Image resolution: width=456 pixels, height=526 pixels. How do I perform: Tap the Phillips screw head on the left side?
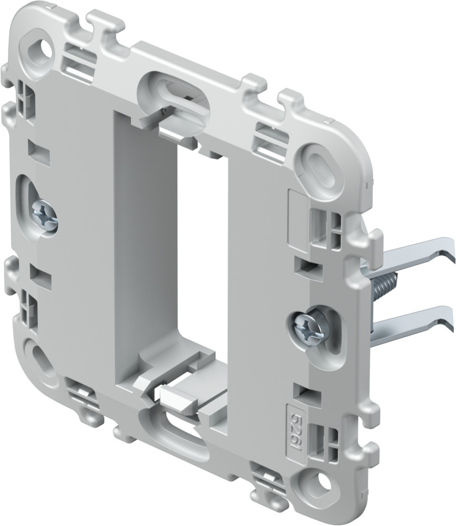point(43,216)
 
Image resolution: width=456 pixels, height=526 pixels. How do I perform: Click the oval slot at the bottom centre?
point(174,424)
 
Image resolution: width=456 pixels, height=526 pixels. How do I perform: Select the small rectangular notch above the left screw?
point(38,150)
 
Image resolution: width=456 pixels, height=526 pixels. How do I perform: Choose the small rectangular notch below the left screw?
point(39,274)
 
